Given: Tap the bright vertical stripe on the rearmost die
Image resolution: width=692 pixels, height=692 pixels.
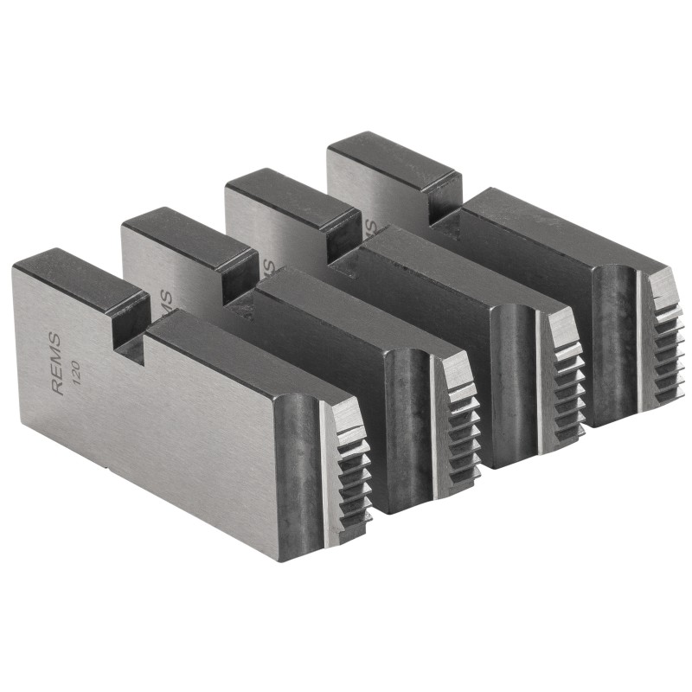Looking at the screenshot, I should (x=641, y=342).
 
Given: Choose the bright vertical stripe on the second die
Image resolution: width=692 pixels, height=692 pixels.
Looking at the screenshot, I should (x=432, y=424).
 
